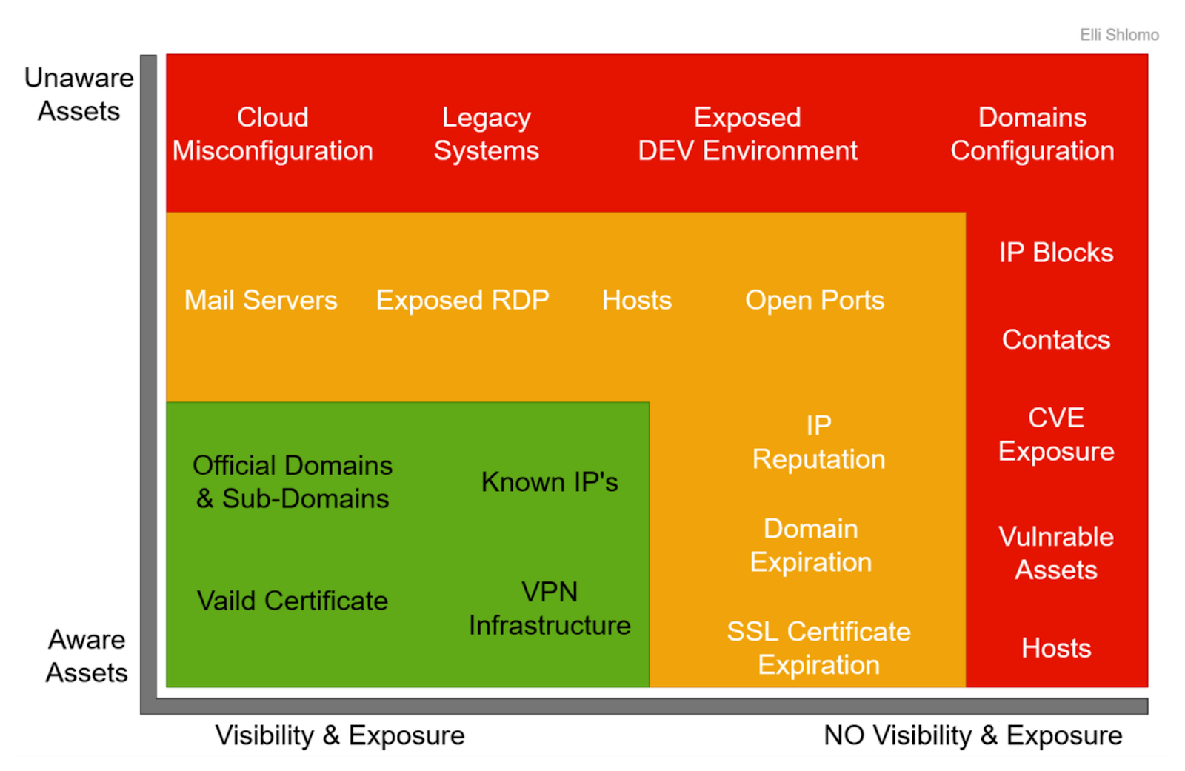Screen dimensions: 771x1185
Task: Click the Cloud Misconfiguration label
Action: [x=273, y=134]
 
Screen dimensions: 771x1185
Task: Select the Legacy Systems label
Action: [x=487, y=134]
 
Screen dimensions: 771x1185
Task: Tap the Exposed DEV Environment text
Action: [x=747, y=134]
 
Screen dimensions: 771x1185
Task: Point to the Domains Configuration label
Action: [x=1032, y=134]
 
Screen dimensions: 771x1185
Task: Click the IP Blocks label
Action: [x=1056, y=253]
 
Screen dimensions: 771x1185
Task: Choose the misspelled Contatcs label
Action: [x=1056, y=340]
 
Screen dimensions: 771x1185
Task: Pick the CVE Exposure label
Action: [x=1056, y=435]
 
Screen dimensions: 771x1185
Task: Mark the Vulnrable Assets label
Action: [x=1056, y=553]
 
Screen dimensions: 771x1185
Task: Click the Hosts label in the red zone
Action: [x=1056, y=649]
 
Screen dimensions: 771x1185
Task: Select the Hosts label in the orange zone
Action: [x=637, y=301]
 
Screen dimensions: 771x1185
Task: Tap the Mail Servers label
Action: [x=261, y=301]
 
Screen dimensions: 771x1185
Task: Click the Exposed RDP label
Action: [x=463, y=301]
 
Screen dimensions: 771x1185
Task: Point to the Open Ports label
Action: [x=815, y=301]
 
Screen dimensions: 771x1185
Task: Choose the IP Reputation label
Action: [x=818, y=442]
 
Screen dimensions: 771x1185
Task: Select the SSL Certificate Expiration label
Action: [x=818, y=648]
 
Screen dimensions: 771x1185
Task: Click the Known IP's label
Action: [x=550, y=482]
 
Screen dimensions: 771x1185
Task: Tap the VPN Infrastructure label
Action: [x=550, y=609]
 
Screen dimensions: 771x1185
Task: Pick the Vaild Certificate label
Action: [x=293, y=601]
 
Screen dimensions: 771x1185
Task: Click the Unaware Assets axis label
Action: [x=79, y=94]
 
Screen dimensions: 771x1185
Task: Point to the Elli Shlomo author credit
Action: [x=1119, y=35]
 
